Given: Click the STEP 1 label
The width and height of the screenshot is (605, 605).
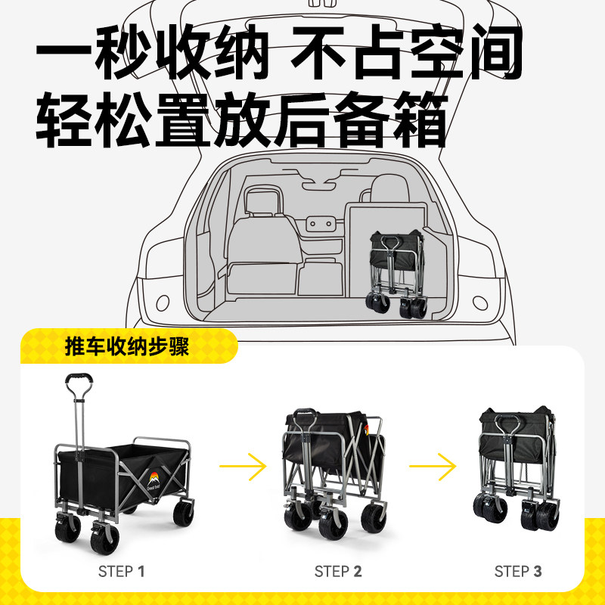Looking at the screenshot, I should click(x=121, y=571).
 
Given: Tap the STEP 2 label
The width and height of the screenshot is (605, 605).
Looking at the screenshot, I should click(x=338, y=571).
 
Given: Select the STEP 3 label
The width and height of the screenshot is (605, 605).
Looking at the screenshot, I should click(x=518, y=571).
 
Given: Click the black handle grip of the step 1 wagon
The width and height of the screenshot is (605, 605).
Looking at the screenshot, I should click(x=79, y=378).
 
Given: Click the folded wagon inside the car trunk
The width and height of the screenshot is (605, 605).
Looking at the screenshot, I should click(x=397, y=272).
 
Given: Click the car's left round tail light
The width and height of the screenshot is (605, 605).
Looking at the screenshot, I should click(x=163, y=303).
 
